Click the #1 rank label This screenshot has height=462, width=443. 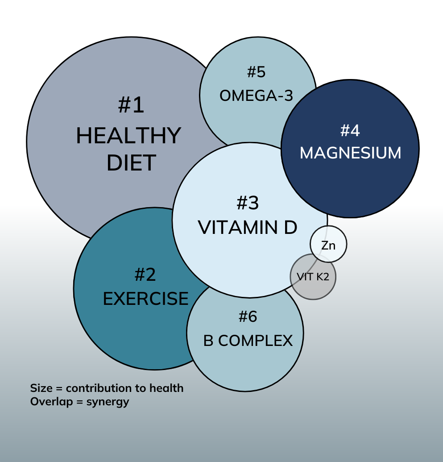click(x=132, y=105)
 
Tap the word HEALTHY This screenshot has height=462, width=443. click(x=128, y=136)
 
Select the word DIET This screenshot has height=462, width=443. click(x=131, y=162)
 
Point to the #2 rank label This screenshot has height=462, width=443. click(x=145, y=274)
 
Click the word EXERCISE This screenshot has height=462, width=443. click(x=145, y=299)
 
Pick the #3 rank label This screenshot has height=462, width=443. click(x=248, y=203)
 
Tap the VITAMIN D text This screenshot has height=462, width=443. click(x=248, y=228)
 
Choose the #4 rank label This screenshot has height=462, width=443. click(x=350, y=130)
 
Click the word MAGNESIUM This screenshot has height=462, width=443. click(x=350, y=153)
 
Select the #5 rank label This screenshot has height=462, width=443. click(x=256, y=72)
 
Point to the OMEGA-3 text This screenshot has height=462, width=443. click(x=256, y=96)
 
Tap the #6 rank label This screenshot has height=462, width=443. click(x=248, y=317)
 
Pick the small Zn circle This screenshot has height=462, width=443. click(x=329, y=245)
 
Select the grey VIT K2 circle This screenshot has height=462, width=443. click(x=313, y=277)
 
